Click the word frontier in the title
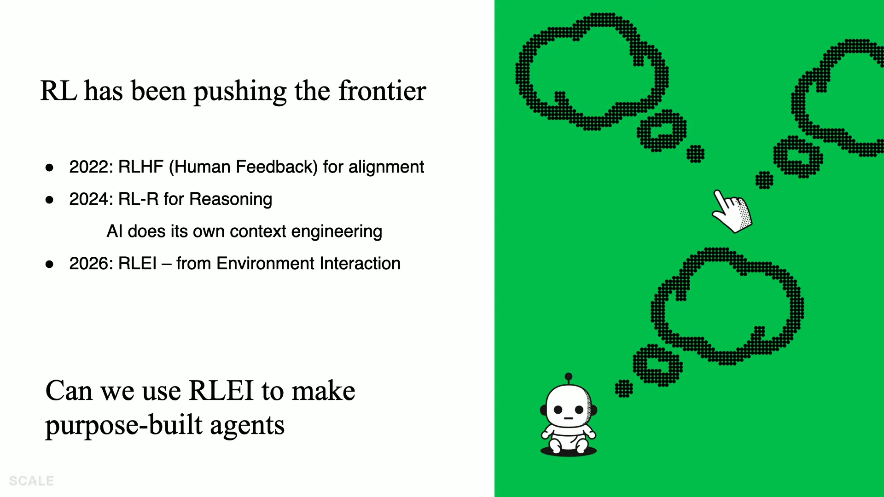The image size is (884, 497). point(382,91)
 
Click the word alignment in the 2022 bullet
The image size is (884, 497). point(386,167)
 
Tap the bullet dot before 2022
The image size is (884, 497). point(49,168)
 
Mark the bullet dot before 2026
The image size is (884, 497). point(49,264)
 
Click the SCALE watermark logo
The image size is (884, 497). point(31,481)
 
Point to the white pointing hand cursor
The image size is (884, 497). point(732,211)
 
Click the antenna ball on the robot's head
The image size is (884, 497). point(569,376)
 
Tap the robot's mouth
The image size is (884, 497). point(569,418)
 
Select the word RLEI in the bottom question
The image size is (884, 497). point(221,391)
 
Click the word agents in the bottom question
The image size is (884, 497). point(247,426)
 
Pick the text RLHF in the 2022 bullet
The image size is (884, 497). point(141,167)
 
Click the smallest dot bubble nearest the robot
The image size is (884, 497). point(624,389)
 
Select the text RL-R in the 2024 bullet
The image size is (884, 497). point(139,199)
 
